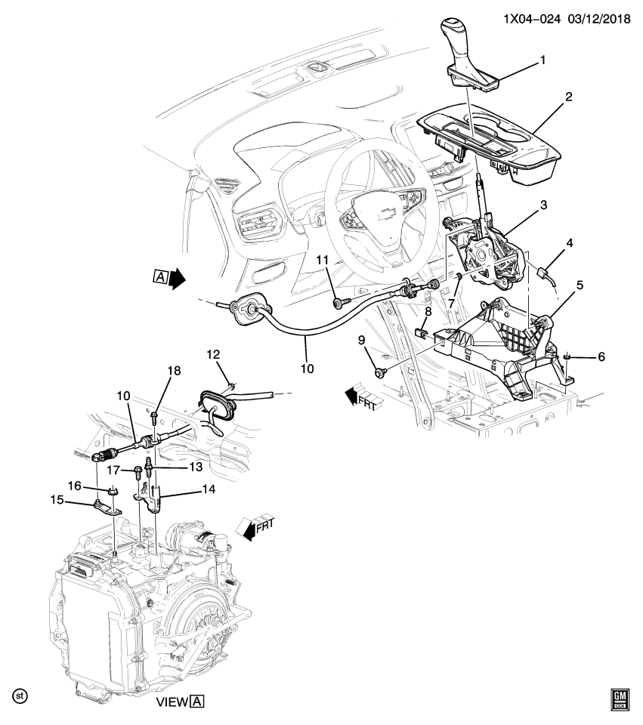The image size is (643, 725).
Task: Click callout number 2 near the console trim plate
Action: click(568, 97)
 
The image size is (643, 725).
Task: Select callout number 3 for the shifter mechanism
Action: click(543, 205)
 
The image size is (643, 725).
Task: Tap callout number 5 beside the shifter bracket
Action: click(580, 285)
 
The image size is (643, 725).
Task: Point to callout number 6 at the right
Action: click(601, 356)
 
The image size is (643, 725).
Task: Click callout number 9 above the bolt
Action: click(361, 341)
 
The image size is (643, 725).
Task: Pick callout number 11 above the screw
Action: click(323, 260)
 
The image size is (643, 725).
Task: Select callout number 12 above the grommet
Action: click(213, 355)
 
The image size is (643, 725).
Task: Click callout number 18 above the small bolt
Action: click(174, 371)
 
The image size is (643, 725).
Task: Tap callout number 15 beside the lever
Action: click(57, 500)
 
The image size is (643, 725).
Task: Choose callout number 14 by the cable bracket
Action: click(209, 489)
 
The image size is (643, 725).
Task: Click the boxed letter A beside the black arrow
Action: click(160, 276)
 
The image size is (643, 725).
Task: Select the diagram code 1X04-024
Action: click(532, 19)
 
